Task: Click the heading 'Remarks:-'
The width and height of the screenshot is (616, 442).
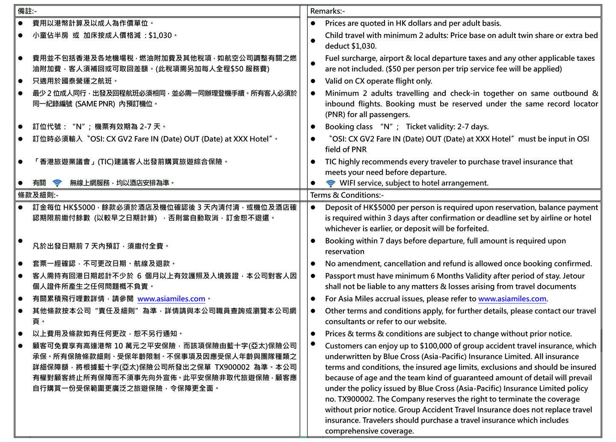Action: (327, 11)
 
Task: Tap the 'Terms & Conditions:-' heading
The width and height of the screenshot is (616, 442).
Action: (347, 195)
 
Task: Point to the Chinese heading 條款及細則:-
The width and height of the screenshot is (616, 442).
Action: (38, 195)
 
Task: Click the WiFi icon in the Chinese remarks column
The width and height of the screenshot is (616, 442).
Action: (57, 183)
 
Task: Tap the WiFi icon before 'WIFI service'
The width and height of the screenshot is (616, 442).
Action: (331, 183)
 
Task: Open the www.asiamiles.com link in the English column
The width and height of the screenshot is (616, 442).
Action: (512, 299)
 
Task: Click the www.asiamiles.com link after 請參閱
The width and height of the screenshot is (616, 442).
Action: (171, 299)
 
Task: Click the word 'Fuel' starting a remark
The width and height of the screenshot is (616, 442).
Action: (333, 59)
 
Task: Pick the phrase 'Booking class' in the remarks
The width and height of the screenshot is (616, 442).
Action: (349, 127)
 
